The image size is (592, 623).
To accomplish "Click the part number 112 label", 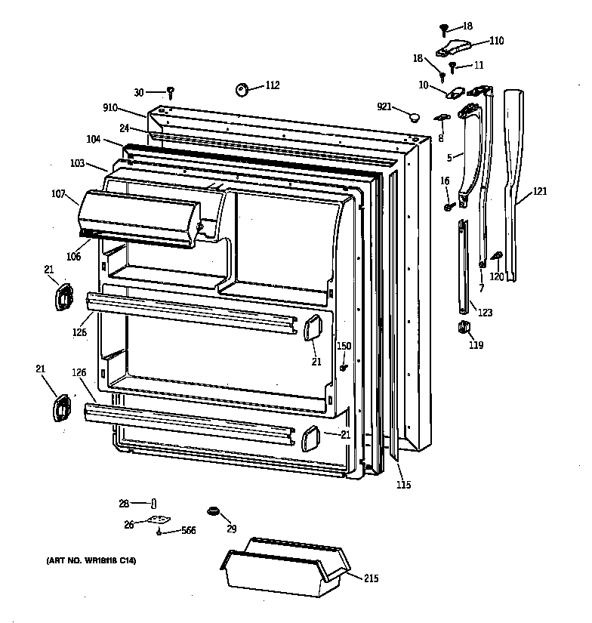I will pyautogui.click(x=272, y=85).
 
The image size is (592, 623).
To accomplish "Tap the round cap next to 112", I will pyautogui.click(x=243, y=90).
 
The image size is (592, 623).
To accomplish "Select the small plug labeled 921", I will pyautogui.click(x=413, y=116).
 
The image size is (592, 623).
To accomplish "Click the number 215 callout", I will pyautogui.click(x=370, y=579).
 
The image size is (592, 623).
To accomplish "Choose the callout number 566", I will pyautogui.click(x=188, y=532).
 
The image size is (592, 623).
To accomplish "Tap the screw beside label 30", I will pyautogui.click(x=171, y=93).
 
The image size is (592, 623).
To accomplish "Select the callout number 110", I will pyautogui.click(x=495, y=41).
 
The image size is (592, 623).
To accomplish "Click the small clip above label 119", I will pyautogui.click(x=463, y=326).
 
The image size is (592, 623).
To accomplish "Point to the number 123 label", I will pyautogui.click(x=484, y=311).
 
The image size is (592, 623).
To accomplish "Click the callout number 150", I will pyautogui.click(x=344, y=346).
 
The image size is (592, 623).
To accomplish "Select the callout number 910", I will pyautogui.click(x=110, y=107).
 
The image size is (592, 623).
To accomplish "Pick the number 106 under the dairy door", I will pyautogui.click(x=73, y=256).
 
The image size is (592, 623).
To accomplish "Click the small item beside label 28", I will pyautogui.click(x=154, y=503).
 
